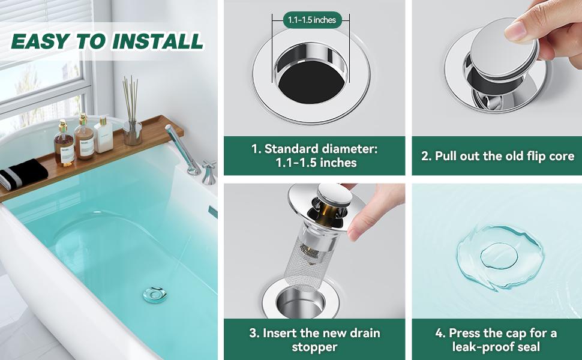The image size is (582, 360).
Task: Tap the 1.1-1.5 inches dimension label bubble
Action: (x=311, y=20)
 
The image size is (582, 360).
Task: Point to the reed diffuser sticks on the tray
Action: (x=131, y=99)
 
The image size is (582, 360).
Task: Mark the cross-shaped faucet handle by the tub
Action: (x=209, y=170)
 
